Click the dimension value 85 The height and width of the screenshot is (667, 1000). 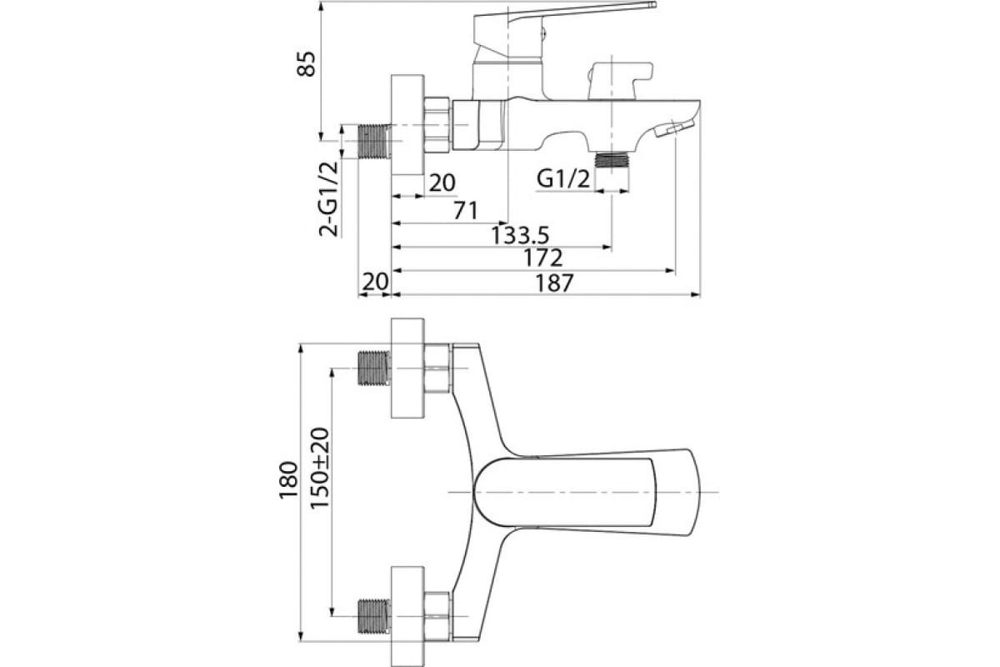click(307, 65)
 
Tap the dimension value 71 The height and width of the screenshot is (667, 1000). click(465, 210)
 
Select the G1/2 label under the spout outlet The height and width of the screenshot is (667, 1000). click(564, 178)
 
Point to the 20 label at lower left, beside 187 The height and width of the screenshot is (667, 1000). click(375, 282)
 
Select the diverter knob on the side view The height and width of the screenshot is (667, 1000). click(617, 79)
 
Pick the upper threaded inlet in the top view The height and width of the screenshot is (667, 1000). click(373, 368)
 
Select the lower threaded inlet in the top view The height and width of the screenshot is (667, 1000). click(373, 616)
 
